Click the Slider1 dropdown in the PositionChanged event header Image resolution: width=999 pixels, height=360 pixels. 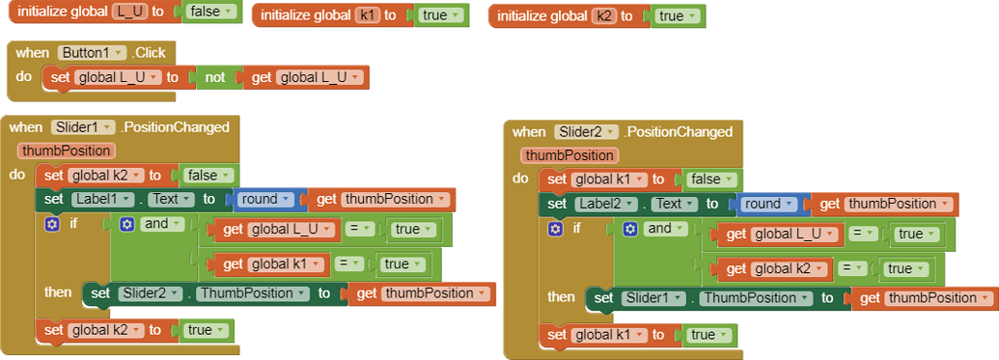[x=82, y=126]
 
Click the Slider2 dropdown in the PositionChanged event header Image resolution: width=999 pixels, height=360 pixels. [x=585, y=131]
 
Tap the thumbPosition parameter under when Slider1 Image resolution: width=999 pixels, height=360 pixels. [x=66, y=150]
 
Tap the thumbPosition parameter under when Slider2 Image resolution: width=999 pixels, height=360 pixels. [x=569, y=154]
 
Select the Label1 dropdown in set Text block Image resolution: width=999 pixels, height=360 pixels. [x=100, y=199]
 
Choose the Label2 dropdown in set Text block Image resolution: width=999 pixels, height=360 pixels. [x=603, y=204]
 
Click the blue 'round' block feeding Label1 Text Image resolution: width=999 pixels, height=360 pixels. [x=265, y=199]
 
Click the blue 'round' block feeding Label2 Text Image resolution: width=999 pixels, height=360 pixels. [x=768, y=204]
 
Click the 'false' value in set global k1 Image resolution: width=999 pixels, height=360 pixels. [x=710, y=179]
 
